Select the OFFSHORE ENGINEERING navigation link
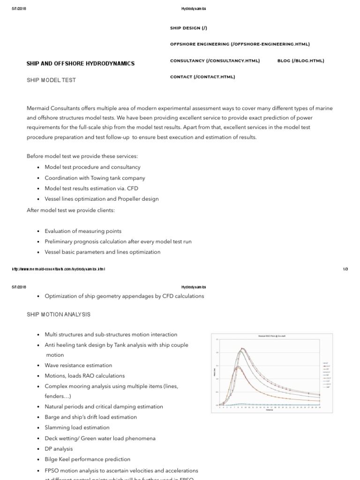(x=240, y=44)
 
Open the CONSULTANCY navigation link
(x=215, y=60)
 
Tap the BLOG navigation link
(x=300, y=60)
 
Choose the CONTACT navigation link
(x=202, y=76)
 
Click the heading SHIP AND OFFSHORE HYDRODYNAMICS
(x=81, y=63)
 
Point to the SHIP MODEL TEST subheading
(x=51, y=80)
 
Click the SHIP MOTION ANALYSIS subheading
(x=59, y=314)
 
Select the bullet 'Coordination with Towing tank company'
(x=95, y=178)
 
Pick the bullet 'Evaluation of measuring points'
(x=83, y=231)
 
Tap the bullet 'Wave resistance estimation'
(x=78, y=365)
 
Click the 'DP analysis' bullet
(x=59, y=449)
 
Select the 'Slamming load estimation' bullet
(x=77, y=427)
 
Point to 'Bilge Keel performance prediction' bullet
(x=87, y=459)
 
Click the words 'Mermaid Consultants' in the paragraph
(x=51, y=108)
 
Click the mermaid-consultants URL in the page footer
(x=59, y=269)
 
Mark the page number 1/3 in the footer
(x=345, y=269)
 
